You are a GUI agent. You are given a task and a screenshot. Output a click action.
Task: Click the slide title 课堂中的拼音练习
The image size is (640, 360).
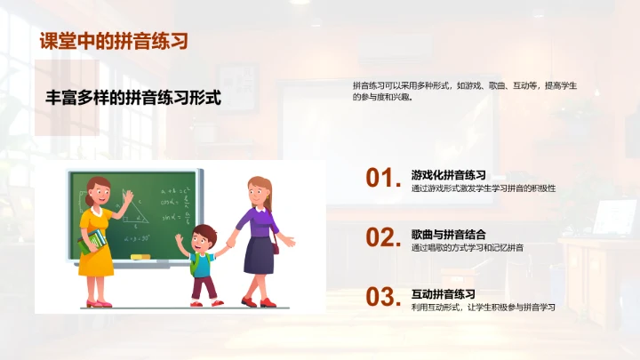coord(113,41)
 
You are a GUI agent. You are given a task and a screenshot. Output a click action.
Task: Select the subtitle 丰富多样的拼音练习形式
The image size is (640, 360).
coord(133,98)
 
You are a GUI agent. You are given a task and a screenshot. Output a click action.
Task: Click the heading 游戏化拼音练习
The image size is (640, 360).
coord(448,175)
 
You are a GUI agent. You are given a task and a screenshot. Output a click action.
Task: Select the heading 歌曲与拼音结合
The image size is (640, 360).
coord(448,235)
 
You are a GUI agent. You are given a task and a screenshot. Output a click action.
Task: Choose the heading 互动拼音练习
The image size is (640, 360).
coord(443,294)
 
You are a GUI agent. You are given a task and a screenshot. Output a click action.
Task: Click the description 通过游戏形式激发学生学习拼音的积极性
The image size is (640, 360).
coord(484,188)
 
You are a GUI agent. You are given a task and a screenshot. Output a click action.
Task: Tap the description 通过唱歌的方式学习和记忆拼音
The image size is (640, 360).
coord(467,248)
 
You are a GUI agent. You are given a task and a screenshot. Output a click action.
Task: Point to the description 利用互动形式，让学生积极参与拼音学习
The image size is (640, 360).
coord(483,308)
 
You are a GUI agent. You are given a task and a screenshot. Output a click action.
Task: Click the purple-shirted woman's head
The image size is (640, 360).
coord(259,190)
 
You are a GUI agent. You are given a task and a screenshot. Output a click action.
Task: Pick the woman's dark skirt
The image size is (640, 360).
coord(259,255)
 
